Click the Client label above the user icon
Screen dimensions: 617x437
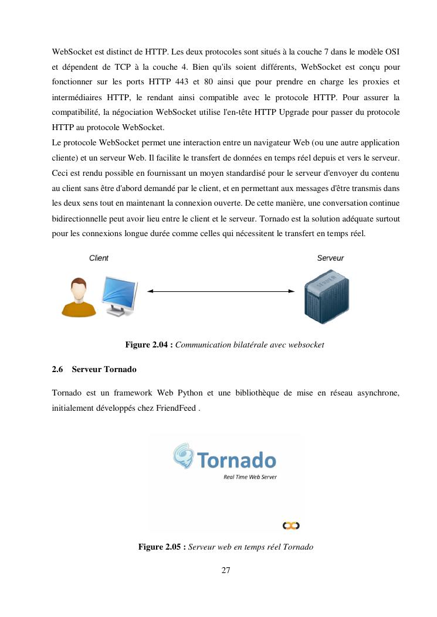pos(99,258)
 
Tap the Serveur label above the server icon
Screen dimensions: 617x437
pos(330,258)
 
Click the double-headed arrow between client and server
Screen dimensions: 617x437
pos(221,291)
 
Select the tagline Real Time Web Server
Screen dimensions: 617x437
pos(250,477)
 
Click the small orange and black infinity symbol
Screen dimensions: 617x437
pos(291,526)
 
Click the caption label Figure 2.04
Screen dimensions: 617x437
pos(148,345)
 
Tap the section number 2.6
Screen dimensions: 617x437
pos(57,370)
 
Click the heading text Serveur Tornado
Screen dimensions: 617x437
pos(104,370)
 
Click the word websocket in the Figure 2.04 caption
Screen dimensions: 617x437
pos(306,345)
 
